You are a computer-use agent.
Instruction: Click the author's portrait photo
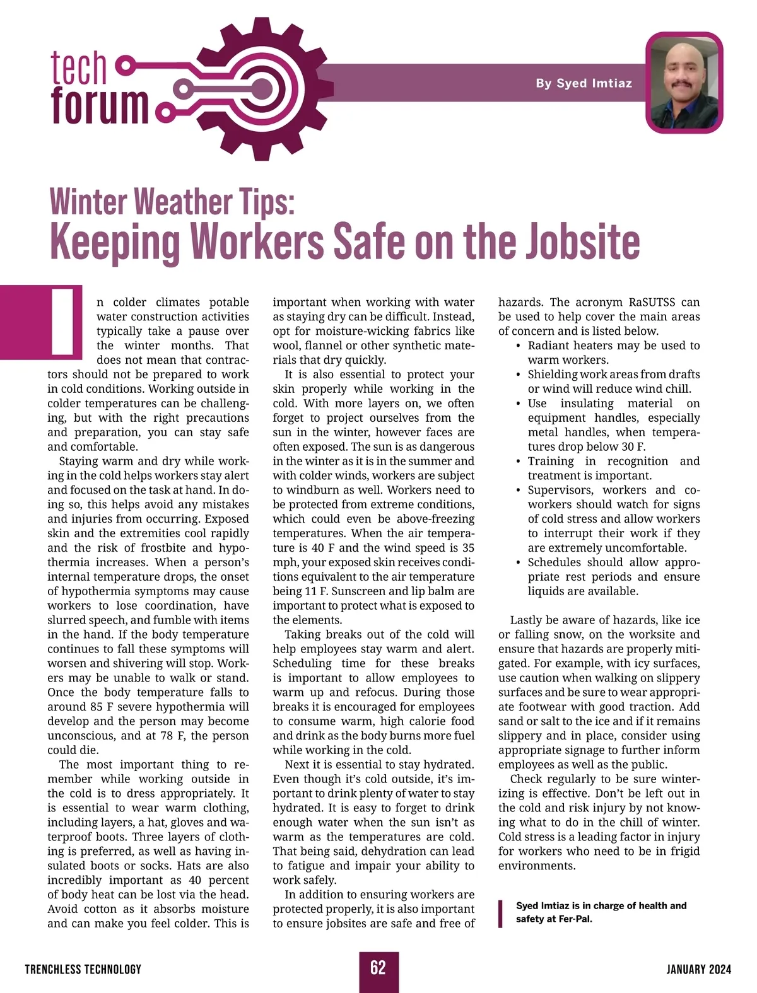pos(684,83)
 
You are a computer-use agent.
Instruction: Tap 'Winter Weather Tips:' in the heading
pos(172,202)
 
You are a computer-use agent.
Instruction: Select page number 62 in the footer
pos(378,968)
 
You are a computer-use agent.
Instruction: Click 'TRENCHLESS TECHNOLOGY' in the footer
pos(83,969)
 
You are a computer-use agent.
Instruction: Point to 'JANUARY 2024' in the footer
pos(698,969)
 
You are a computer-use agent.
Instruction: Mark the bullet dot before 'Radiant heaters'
pos(519,346)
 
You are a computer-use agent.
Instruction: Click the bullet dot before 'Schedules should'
pos(519,563)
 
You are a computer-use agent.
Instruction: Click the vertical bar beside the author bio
pos(501,914)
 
